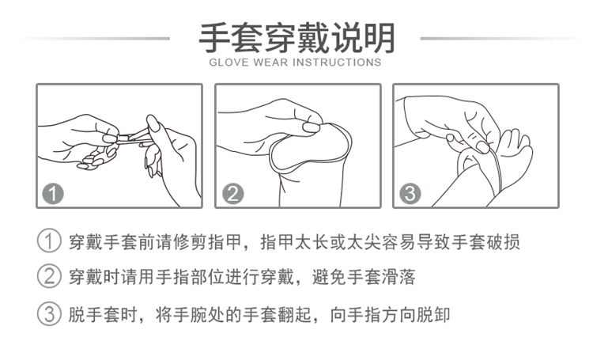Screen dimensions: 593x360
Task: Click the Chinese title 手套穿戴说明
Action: tap(296, 38)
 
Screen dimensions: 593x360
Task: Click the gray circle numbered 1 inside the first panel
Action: tap(53, 193)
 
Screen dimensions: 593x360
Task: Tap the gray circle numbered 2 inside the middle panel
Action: tap(232, 193)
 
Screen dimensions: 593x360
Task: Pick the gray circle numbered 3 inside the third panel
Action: tap(410, 193)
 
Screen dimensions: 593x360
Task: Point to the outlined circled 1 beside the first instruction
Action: tap(49, 241)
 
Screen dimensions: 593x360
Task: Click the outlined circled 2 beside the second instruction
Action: tap(49, 277)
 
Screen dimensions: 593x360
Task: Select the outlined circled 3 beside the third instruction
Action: tap(49, 314)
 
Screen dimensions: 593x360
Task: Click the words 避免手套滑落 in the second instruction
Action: tap(364, 277)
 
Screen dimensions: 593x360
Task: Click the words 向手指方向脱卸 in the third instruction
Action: tap(390, 315)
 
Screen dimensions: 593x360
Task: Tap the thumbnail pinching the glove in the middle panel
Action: tap(311, 127)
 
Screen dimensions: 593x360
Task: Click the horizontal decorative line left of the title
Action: tap(91, 39)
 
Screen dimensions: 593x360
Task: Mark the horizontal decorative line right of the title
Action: tap(505, 39)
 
